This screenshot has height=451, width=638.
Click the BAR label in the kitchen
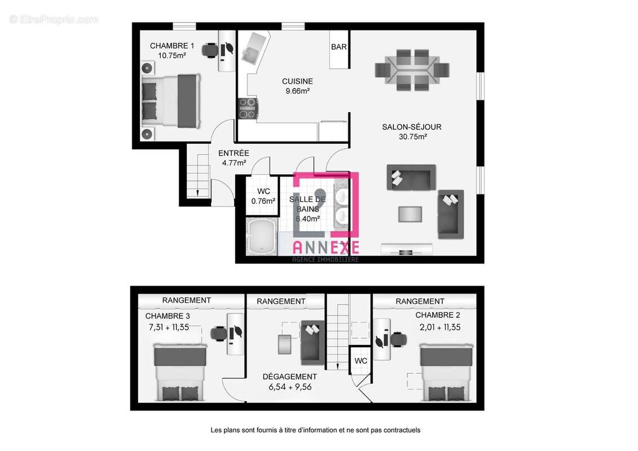[338, 47]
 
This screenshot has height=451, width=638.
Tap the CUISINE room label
[297, 81]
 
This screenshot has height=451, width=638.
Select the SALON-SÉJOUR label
[411, 127]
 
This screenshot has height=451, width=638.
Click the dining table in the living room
[412, 69]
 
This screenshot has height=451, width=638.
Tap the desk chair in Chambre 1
[210, 50]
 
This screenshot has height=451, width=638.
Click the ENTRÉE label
[234, 153]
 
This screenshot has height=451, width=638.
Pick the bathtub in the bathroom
[261, 237]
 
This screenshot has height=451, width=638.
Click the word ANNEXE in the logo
[325, 246]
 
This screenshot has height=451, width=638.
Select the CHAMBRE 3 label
[168, 316]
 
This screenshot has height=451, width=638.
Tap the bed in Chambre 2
[446, 373]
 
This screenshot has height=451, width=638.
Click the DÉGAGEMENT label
[290, 377]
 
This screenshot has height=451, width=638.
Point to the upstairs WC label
[361, 361]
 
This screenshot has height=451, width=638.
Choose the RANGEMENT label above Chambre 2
[420, 302]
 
